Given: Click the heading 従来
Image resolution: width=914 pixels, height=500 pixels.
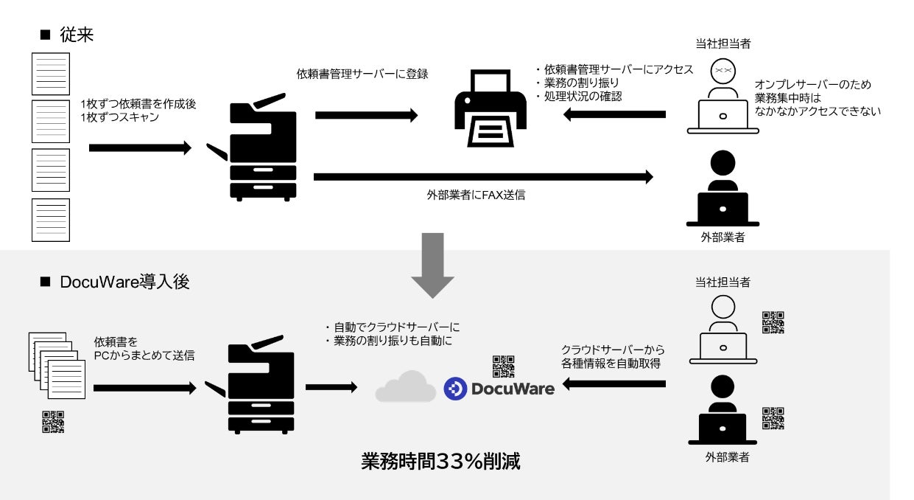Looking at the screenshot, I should click(77, 35).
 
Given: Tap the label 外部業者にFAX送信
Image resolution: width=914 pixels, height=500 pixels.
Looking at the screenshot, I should click(476, 196).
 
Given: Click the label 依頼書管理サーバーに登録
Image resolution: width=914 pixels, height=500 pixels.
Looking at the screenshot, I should click(362, 74).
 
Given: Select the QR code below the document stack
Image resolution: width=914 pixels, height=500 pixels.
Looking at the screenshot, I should click(53, 421).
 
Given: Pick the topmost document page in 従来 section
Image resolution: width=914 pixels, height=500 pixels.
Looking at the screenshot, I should click(51, 74).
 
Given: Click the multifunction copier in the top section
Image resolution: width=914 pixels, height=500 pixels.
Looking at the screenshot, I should click(259, 147).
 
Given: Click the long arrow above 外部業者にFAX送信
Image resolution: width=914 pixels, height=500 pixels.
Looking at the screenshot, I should click(483, 176).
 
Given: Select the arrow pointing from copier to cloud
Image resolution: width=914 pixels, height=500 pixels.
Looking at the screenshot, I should click(331, 387).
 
